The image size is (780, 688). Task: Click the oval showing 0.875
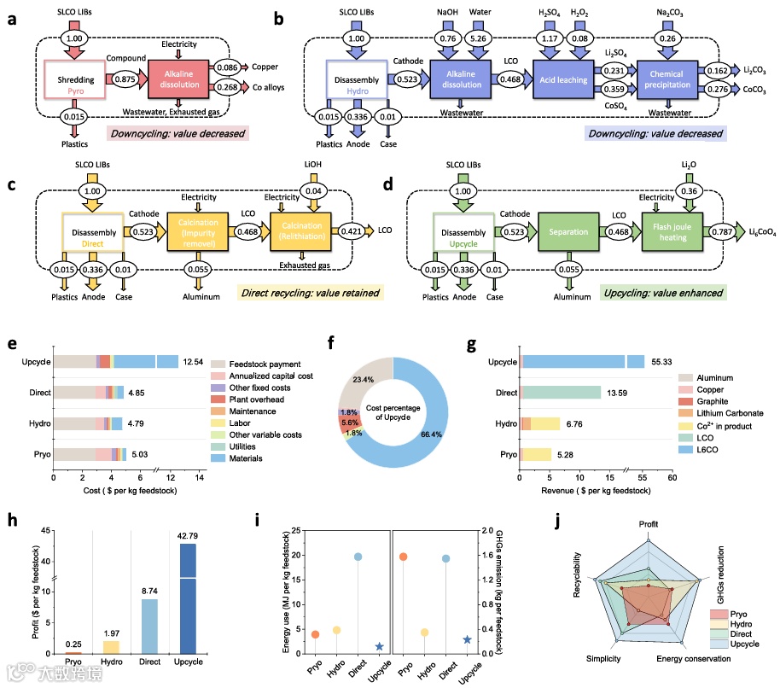(x=125, y=78)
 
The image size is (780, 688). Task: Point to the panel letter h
(x=10, y=520)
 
